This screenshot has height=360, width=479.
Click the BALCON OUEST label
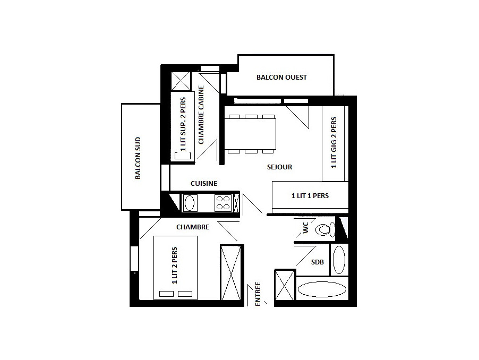tap(281, 77)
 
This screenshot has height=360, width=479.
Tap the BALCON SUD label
tap(138, 158)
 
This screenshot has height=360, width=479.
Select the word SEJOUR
tap(279, 167)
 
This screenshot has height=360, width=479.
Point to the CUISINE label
tap(204, 184)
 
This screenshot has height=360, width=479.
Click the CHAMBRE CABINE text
tap(201, 115)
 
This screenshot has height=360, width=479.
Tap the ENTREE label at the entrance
tap(258, 294)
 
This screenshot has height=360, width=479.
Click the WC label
tap(306, 227)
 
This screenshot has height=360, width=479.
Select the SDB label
tap(318, 262)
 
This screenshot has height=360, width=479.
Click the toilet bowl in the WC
tap(326, 229)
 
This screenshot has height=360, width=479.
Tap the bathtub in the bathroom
tap(322, 289)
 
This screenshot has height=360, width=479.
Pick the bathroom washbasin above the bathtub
tap(339, 260)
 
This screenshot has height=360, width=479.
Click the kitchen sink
tap(190, 203)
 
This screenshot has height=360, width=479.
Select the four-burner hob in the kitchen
tap(223, 203)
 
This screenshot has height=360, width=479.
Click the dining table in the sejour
tap(250, 134)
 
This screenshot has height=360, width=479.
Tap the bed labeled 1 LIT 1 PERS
tap(310, 195)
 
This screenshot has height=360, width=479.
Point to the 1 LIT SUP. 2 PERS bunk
tap(183, 126)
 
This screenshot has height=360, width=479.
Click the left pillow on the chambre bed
tap(167, 294)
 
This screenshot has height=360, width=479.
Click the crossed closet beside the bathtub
tap(285, 285)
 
